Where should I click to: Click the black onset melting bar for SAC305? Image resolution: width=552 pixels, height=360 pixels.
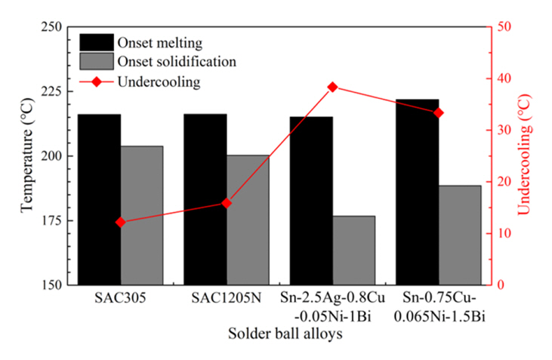click(99, 199)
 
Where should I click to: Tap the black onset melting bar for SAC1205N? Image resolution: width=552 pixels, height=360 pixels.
click(205, 199)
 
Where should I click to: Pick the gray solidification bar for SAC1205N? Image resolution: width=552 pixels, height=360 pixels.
click(248, 220)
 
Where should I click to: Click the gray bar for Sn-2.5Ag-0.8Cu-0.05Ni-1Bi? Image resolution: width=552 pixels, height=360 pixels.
click(353, 250)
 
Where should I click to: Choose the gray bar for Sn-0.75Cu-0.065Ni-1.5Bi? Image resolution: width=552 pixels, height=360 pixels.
click(459, 235)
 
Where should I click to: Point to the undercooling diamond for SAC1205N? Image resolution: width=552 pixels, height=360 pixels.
click(227, 203)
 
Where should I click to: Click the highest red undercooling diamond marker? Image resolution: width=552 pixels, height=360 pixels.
click(332, 87)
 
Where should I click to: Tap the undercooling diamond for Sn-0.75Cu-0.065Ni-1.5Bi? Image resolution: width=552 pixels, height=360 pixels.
click(439, 112)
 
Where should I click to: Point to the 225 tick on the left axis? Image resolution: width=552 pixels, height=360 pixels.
click(54, 91)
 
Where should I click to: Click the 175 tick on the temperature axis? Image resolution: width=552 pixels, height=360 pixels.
click(54, 220)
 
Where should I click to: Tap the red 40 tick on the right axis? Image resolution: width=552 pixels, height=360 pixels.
click(504, 78)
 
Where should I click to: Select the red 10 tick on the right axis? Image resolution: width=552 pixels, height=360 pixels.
click(504, 234)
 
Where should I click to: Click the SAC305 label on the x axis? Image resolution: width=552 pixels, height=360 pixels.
click(121, 299)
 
